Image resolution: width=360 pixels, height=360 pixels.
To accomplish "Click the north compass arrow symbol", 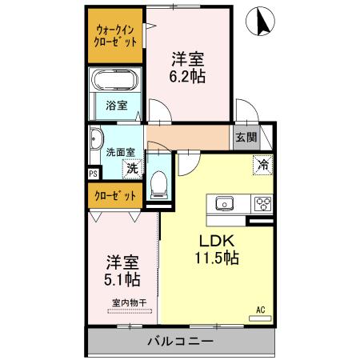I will point(260,22).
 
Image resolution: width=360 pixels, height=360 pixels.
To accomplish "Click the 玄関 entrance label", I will point(245,136).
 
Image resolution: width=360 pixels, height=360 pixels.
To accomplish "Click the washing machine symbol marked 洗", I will point(133,168).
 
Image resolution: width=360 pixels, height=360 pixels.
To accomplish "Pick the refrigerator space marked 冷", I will point(262,165).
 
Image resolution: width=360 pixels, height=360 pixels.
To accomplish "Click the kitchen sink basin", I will point(222,203).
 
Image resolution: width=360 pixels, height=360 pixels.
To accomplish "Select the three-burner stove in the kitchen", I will point(262,203).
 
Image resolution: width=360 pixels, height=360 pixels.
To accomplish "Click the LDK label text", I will point(210,241).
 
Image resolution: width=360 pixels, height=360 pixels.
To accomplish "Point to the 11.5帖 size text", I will point(212,258).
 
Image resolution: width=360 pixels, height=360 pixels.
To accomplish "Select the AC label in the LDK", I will point(260,309).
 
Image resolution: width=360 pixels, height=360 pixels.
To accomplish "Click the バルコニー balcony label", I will point(180,342).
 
